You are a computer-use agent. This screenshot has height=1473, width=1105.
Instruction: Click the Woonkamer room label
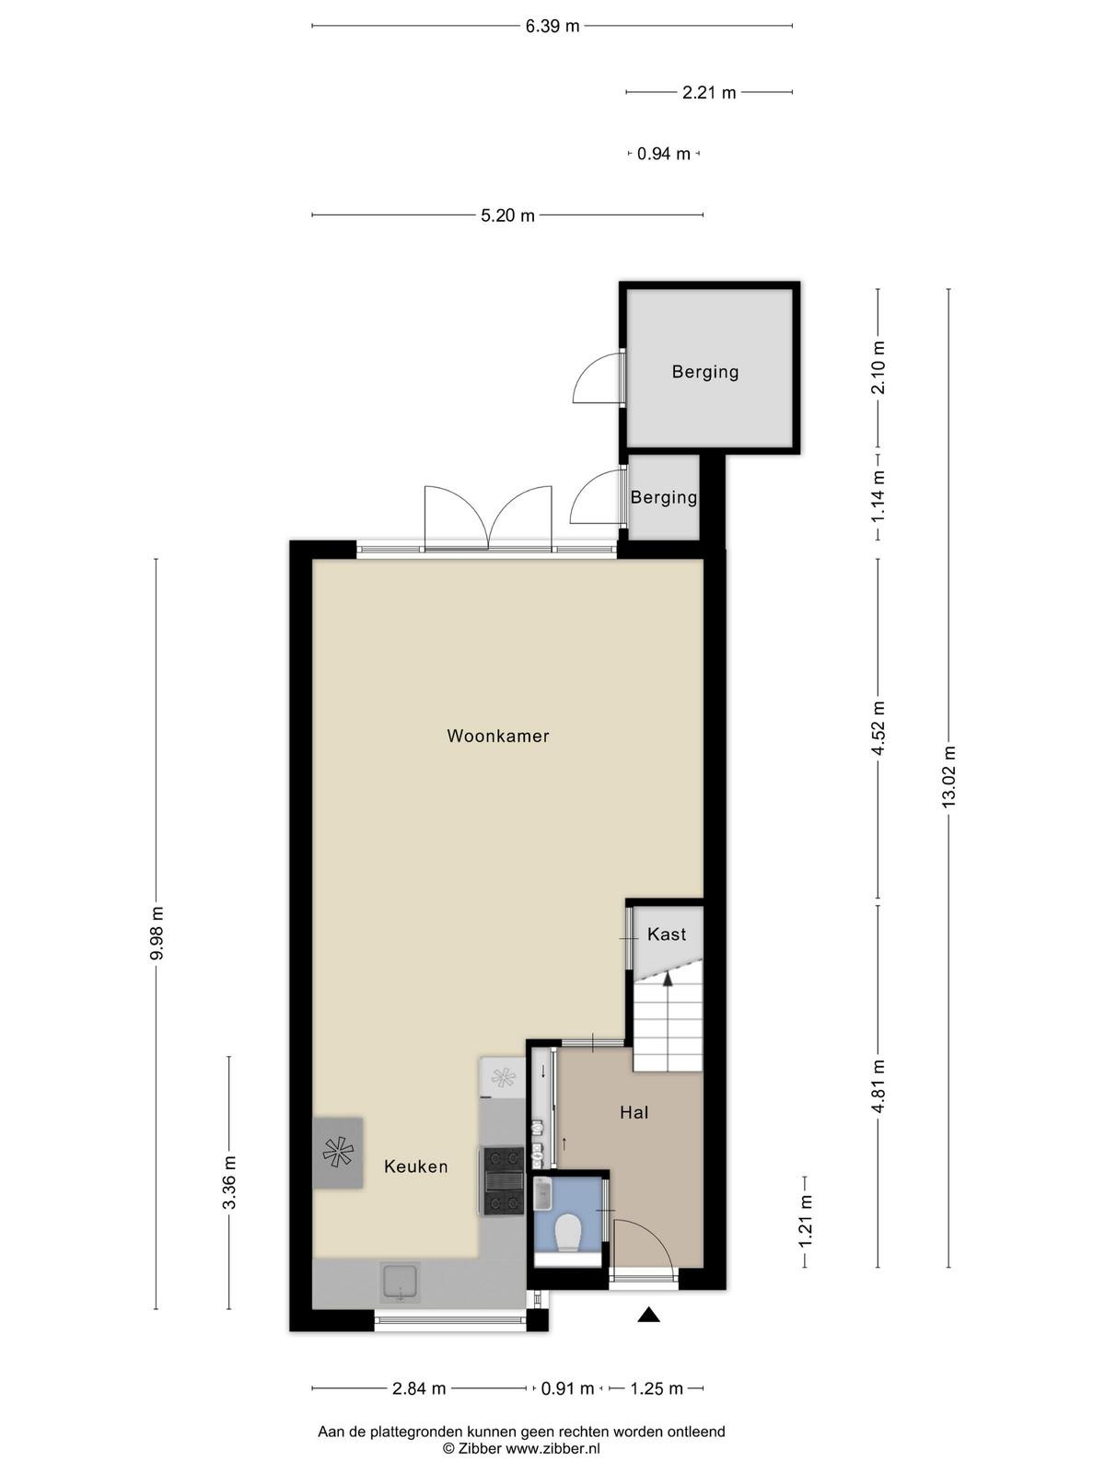click(498, 736)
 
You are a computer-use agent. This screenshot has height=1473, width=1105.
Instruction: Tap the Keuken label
click(416, 1167)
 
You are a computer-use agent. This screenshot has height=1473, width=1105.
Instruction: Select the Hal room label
click(634, 1113)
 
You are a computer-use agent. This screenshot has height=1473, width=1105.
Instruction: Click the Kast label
click(666, 934)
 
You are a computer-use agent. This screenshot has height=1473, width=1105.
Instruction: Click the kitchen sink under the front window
click(400, 1283)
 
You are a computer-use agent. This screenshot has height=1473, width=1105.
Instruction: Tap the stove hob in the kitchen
click(503, 1181)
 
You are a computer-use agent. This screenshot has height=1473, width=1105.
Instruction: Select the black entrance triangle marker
click(648, 1315)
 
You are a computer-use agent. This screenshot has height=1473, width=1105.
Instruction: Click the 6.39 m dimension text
click(552, 26)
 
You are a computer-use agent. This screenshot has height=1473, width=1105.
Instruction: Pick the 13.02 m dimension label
click(948, 776)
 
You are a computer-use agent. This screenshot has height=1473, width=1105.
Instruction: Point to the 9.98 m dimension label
click(157, 934)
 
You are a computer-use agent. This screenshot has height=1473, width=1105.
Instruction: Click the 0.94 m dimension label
click(664, 154)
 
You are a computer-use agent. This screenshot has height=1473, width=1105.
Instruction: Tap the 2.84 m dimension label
click(419, 1388)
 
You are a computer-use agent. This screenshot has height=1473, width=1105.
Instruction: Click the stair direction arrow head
click(668, 980)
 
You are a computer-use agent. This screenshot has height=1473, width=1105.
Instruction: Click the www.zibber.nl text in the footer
click(552, 1449)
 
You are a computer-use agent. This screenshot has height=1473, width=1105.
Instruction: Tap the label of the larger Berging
click(705, 372)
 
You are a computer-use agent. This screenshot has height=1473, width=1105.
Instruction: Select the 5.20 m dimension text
click(508, 215)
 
